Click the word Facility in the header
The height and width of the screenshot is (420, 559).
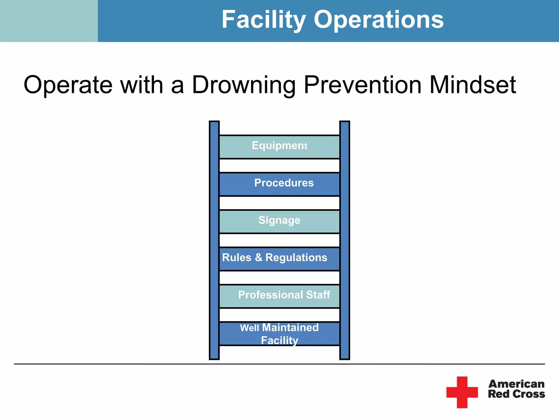click(263, 20)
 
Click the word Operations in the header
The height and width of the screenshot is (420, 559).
click(379, 20)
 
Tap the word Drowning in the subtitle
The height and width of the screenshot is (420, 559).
click(244, 85)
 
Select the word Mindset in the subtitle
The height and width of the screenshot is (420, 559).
click(472, 85)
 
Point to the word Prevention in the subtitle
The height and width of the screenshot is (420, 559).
click(363, 85)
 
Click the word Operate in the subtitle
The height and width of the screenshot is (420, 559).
click(68, 85)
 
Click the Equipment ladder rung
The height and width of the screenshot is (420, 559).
click(279, 147)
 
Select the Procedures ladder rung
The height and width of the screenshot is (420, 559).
click(279, 184)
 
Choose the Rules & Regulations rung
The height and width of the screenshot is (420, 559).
click(279, 258)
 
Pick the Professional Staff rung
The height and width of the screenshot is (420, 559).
click(279, 296)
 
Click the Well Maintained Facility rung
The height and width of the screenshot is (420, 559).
click(279, 334)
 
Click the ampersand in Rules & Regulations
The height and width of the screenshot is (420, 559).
click(258, 258)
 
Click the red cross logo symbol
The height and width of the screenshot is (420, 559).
click(462, 392)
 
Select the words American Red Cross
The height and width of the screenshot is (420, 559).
click(516, 389)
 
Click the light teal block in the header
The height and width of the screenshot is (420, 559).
click(49, 21)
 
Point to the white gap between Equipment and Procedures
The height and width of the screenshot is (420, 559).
click(279, 165)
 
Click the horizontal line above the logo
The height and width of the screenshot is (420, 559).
click(279, 364)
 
